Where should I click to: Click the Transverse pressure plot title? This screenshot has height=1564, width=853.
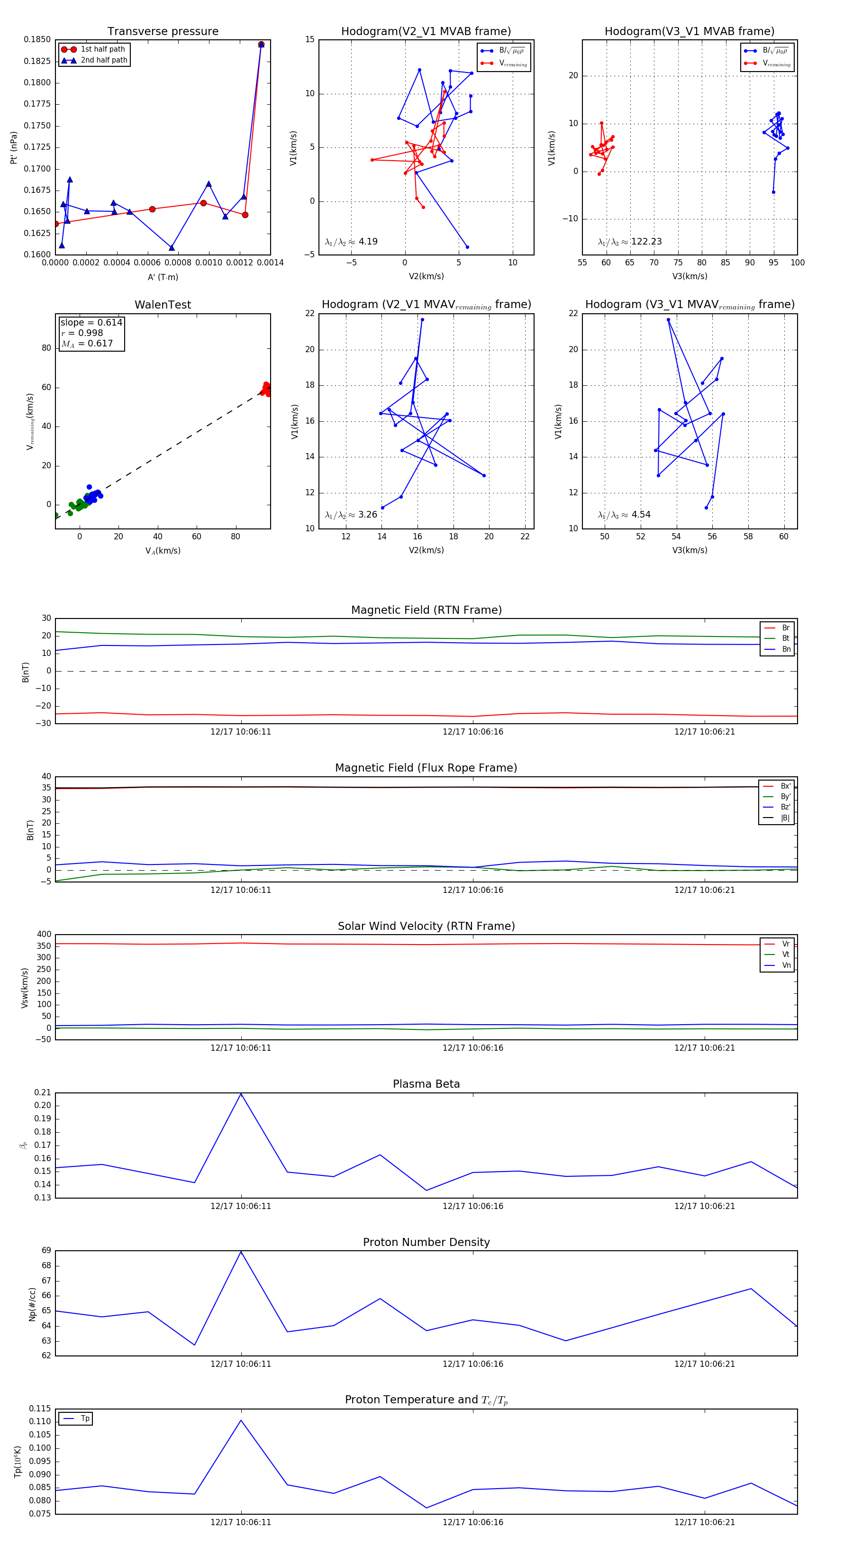coord(163,32)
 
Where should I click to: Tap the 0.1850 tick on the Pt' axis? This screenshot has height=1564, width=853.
coord(37,39)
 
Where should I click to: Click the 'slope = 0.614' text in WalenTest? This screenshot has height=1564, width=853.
coord(91,322)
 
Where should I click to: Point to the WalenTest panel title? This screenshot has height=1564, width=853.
coord(163,305)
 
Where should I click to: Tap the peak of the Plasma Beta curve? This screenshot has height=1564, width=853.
coord(241,1093)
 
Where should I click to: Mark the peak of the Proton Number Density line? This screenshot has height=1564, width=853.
coord(241,1251)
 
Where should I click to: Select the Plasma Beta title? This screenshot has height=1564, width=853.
coord(426,1084)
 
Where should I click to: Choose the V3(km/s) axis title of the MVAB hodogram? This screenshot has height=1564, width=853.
coord(690,276)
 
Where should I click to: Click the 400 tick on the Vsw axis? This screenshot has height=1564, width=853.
coord(44,935)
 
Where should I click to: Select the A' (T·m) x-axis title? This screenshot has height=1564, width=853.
coord(163,277)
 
